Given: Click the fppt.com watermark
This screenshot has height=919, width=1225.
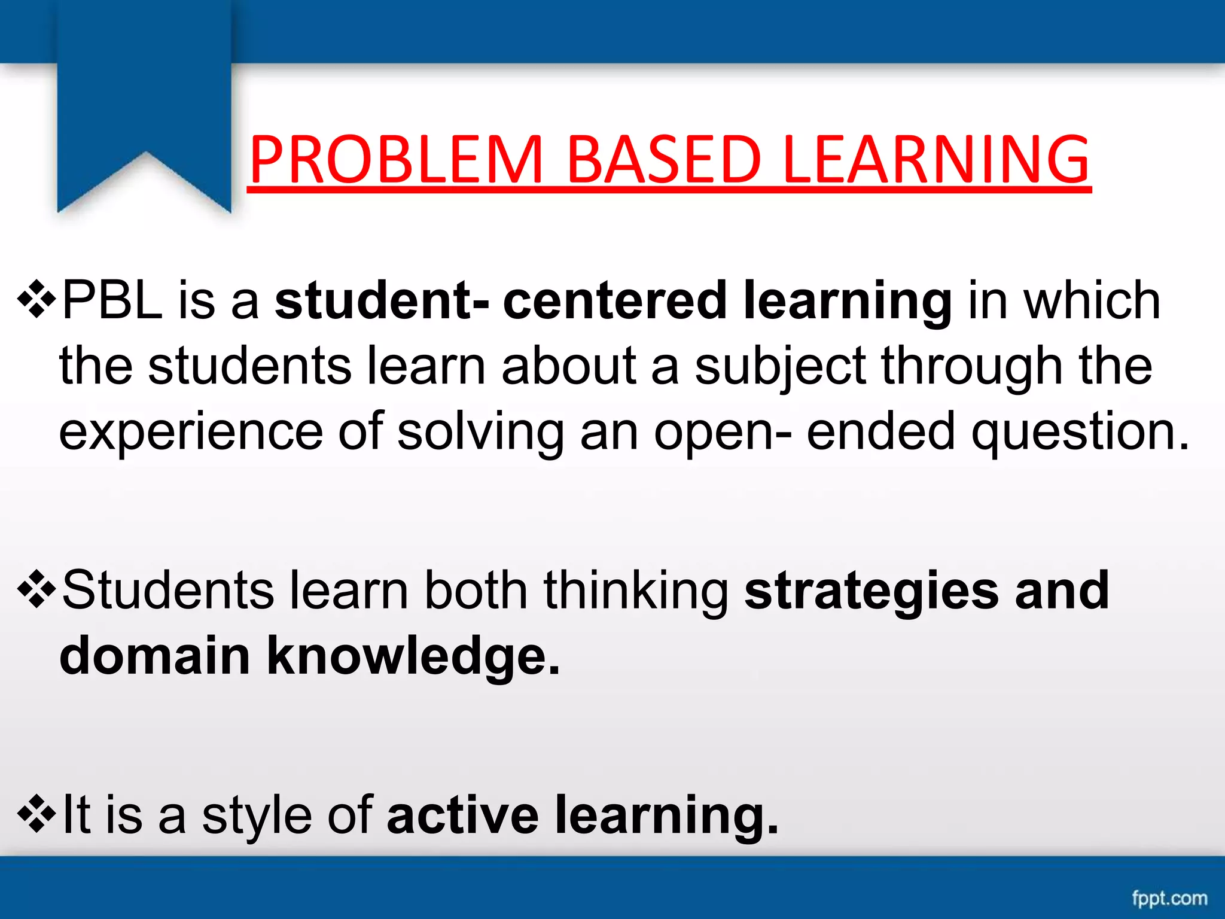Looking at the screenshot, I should tap(1169, 898).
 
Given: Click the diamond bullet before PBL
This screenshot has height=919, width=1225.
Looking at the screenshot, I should tap(37, 299).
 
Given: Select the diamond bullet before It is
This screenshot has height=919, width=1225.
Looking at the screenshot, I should tap(37, 814).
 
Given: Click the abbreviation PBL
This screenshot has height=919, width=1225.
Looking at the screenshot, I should tap(112, 300).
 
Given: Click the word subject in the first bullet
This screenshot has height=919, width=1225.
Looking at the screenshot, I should tap(780, 366).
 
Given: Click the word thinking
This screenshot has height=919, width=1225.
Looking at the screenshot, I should tap(636, 591).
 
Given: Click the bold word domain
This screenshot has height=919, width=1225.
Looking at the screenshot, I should tap(154, 656).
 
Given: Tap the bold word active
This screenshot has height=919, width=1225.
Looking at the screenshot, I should tap(463, 815).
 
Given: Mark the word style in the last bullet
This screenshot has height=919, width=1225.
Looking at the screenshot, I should tap(257, 815).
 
